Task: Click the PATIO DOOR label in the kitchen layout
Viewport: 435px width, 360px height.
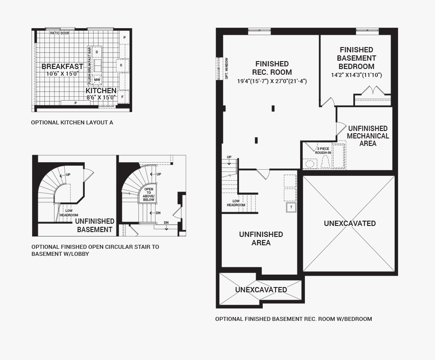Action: (x=60, y=33)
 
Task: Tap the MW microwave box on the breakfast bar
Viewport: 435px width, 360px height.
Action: (x=97, y=79)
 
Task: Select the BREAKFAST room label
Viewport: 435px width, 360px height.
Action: (x=62, y=67)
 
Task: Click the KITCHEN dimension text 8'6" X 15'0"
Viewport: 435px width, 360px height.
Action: (x=101, y=98)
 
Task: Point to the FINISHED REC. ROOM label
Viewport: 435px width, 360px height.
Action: (x=272, y=68)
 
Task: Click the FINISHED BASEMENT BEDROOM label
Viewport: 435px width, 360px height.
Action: (x=356, y=58)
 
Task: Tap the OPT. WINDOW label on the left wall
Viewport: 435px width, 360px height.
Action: (x=227, y=68)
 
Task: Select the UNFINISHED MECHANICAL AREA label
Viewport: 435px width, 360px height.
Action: (x=368, y=136)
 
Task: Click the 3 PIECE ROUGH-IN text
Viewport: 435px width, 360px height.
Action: (x=323, y=151)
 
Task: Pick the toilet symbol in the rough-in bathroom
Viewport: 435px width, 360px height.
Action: (x=325, y=162)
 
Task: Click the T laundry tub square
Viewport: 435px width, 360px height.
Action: (x=291, y=207)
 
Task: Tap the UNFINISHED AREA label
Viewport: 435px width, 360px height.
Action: (x=261, y=238)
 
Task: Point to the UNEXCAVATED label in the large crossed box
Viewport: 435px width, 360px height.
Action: (x=350, y=223)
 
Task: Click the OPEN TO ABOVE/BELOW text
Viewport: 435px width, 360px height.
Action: (x=149, y=194)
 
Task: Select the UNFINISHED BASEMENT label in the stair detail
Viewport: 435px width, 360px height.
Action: (x=94, y=225)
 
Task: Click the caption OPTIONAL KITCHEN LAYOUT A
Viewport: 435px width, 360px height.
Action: (x=72, y=122)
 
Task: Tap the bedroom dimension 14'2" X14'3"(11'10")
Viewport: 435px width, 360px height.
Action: (x=356, y=75)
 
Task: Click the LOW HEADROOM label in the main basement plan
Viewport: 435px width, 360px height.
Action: (x=236, y=203)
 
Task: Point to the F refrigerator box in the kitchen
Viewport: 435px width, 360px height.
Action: (x=122, y=97)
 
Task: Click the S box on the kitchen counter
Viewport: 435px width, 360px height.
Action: (x=121, y=65)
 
